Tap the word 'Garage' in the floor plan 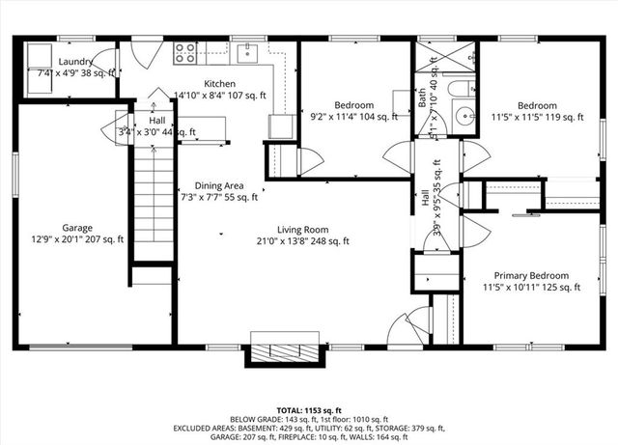77,229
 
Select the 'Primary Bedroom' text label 531,274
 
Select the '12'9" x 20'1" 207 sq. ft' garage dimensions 77,241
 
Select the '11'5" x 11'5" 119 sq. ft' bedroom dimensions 536,118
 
